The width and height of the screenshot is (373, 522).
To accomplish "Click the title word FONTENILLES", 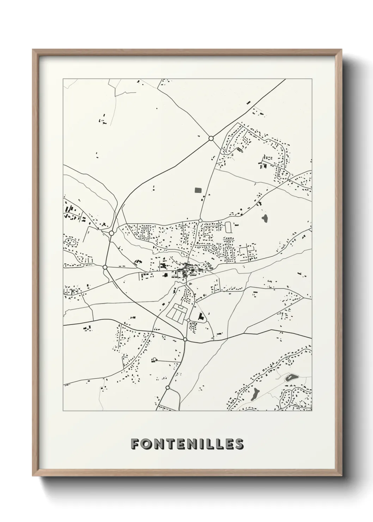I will pos(187,444).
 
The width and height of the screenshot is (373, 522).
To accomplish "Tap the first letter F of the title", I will pos(134,444).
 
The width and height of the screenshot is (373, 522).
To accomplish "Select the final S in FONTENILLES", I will pos(239,444).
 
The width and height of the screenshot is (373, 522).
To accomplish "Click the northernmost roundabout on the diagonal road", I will pos(211,139).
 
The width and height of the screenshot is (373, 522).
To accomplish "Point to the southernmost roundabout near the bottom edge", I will pos(167,388).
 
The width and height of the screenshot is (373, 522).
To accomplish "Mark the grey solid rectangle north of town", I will pos(198,190).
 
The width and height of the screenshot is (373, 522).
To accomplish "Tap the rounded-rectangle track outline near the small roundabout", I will pos(228,227).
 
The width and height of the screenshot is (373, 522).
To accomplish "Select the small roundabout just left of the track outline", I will pos(200,220).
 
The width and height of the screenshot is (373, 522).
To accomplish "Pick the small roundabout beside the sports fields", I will pos(188,320).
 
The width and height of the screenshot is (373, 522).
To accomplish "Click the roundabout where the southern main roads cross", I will pos(185,339).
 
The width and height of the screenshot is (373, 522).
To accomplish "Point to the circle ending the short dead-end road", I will pos(154,359).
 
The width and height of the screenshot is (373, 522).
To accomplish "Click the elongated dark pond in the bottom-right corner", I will pos(255,394).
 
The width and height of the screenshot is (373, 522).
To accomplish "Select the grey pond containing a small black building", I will pos(291,378).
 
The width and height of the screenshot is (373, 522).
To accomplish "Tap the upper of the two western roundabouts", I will pos(111,233).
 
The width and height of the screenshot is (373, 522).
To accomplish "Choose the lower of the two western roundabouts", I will pos(105,267).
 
